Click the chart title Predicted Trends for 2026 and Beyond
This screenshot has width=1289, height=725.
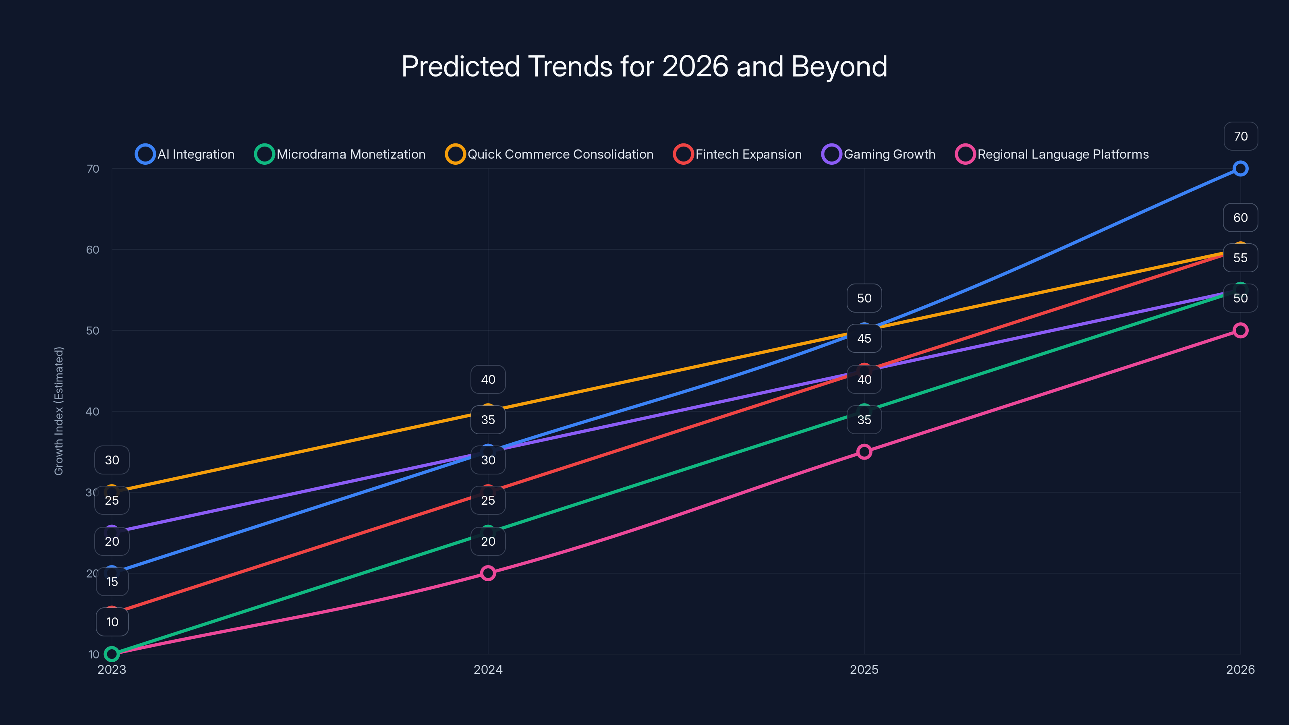tap(644, 66)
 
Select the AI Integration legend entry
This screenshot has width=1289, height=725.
tap(185, 154)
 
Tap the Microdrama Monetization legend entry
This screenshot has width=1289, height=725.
tap(340, 154)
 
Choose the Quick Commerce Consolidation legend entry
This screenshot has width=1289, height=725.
tap(549, 154)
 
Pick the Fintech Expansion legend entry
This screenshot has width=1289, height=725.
tap(738, 154)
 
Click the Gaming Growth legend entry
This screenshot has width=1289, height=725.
tap(879, 154)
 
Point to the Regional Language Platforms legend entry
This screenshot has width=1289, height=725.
tap(1052, 154)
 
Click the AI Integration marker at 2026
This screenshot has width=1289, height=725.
tap(1240, 169)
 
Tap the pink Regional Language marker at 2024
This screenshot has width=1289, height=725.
tap(488, 573)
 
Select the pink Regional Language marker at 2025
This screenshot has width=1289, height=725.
tap(864, 452)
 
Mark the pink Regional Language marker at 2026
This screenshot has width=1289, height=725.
tap(1240, 330)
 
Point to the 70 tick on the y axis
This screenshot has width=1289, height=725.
tap(93, 169)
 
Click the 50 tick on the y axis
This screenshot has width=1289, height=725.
tap(93, 331)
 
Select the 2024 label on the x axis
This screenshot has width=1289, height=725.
tap(488, 669)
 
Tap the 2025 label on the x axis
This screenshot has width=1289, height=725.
tap(864, 669)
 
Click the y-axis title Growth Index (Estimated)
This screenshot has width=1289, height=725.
tap(59, 411)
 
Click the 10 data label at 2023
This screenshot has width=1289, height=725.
tap(112, 622)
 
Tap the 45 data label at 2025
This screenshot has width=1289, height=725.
tap(864, 339)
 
